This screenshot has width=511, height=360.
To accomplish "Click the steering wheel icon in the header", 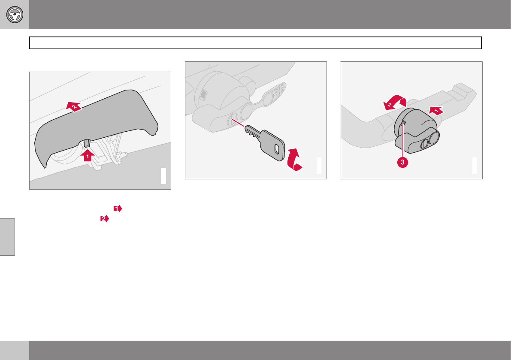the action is pos(15,15).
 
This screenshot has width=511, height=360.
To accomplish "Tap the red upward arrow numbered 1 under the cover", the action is pos(88,155).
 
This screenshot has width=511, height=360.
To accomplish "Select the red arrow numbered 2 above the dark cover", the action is pos(74,106).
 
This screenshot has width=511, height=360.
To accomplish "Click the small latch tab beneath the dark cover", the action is pos(87,143).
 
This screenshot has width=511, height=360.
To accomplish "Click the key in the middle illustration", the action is pos(265,142).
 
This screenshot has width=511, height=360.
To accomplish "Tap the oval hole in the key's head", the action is pos(277,149).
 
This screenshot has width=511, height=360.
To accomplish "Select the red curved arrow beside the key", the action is pos(294,159).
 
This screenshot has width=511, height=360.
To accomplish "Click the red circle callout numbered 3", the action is pos(402,162).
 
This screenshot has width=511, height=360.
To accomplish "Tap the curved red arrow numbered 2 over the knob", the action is pos(395,102).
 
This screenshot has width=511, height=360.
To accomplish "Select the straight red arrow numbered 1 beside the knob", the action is pos(436,111).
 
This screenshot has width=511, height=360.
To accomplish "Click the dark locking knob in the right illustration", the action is pos(417,131).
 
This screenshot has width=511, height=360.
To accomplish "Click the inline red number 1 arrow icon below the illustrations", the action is pos(118,209).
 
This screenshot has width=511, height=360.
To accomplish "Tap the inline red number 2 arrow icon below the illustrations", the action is pos(105,218).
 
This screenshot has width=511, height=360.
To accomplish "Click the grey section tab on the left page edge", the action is pos(7,237).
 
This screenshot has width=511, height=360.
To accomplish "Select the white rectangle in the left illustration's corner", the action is pos(163,176).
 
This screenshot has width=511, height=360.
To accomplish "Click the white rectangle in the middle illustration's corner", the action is pos(319,166).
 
